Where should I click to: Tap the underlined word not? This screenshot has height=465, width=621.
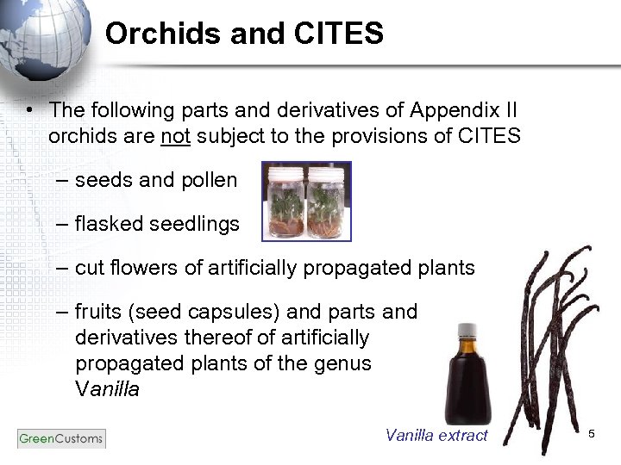[174, 136]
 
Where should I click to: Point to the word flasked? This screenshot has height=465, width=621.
[110, 224]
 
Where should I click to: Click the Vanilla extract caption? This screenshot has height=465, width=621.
[436, 436]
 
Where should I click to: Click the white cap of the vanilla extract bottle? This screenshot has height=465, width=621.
[467, 330]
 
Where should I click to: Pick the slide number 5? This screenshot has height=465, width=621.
[592, 433]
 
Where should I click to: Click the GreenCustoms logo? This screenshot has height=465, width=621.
[60, 438]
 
